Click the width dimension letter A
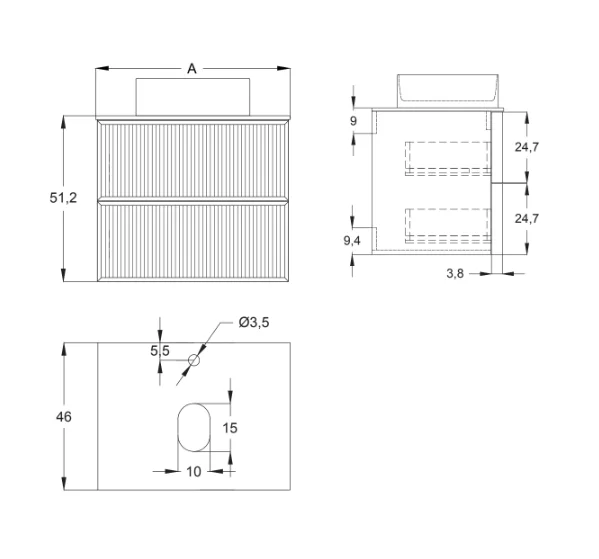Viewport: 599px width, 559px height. tap(192, 69)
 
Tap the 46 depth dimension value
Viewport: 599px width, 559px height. tap(61, 416)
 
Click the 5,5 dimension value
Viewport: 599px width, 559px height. tap(160, 350)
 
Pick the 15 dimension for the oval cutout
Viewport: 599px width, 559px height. tap(229, 427)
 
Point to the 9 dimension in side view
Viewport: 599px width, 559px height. tap(354, 122)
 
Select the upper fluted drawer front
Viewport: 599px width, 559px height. tap(192, 158)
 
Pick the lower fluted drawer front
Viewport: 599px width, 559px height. tap(192, 241)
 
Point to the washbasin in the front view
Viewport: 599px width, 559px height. tap(192, 92)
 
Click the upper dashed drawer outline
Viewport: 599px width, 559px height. tap(448, 158)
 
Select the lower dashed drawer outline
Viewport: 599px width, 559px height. tap(448, 226)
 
